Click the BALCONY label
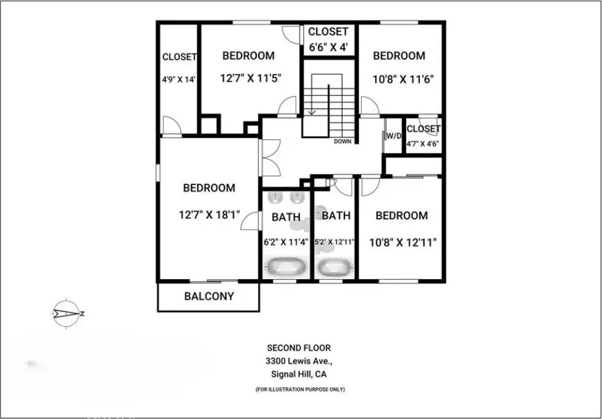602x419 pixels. click(209, 296)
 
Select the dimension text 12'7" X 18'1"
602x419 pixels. click(209, 214)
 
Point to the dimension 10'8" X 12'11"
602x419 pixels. click(403, 243)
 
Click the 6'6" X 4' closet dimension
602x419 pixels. click(328, 48)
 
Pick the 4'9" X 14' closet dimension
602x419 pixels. click(179, 80)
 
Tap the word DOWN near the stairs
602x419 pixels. click(343, 141)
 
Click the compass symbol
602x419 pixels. click(66, 313)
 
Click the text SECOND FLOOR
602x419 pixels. click(299, 348)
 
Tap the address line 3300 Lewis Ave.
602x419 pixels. click(298, 361)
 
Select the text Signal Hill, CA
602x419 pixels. click(299, 374)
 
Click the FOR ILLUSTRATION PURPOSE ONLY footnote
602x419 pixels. click(300, 390)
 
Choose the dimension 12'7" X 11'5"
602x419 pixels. click(250, 78)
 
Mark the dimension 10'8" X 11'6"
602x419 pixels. click(403, 79)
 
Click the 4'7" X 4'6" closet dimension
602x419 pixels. click(423, 145)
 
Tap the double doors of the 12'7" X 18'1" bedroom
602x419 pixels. click(269, 157)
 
